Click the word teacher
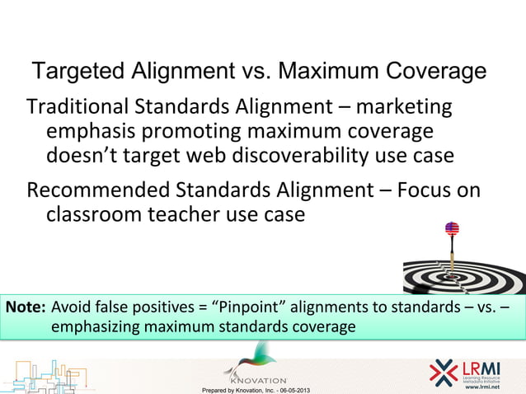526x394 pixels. pos(186,214)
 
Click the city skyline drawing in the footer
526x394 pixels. pos(45,375)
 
